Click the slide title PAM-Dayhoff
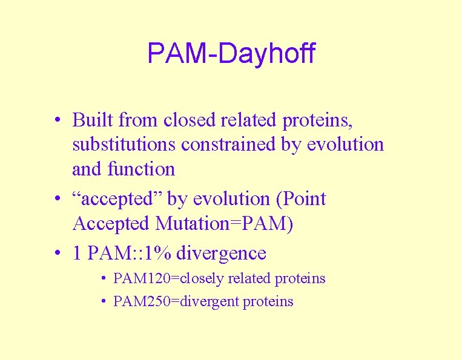click(231, 53)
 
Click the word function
click(141, 169)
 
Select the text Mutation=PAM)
click(225, 223)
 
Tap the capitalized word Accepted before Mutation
click(111, 223)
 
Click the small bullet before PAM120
click(104, 279)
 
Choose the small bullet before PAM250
click(104, 301)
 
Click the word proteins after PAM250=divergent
click(268, 301)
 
